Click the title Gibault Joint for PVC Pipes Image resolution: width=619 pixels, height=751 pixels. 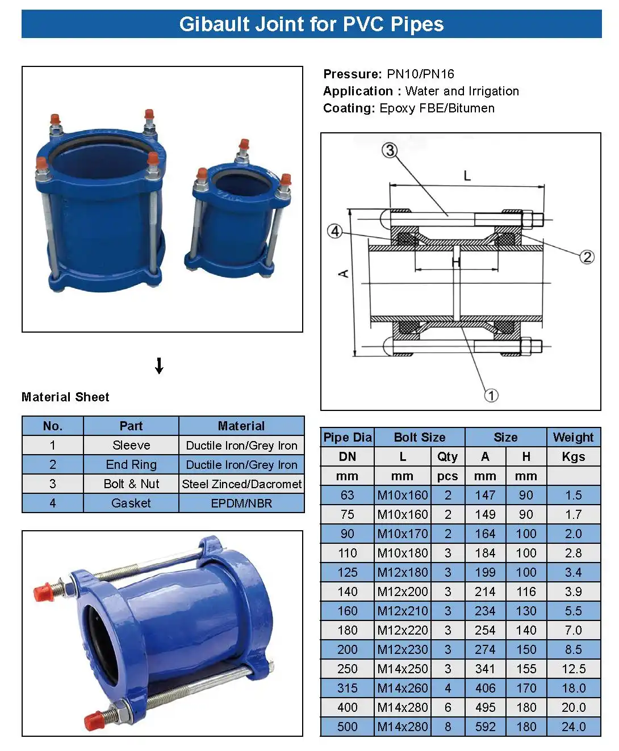click(x=311, y=24)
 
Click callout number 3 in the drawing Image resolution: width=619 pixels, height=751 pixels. click(x=390, y=150)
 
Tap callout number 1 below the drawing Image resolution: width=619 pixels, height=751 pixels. click(x=491, y=395)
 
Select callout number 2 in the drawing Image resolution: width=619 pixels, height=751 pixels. click(x=587, y=257)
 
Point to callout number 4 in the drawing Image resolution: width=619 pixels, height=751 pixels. click(x=335, y=231)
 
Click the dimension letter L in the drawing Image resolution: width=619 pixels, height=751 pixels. click(x=467, y=176)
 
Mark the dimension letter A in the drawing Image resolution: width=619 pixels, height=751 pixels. click(x=344, y=274)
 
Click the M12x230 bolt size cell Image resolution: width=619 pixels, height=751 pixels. click(x=403, y=649)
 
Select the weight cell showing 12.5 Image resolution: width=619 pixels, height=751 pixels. click(x=574, y=669)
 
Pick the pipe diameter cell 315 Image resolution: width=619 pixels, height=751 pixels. click(x=347, y=688)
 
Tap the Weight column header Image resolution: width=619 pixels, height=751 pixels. click(x=573, y=437)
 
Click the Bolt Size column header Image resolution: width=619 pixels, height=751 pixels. click(x=420, y=437)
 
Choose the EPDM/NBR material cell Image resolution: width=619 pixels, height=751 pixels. click(x=241, y=503)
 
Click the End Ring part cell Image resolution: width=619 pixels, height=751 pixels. click(x=131, y=464)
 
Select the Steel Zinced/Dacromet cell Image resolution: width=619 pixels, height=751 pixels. click(x=241, y=484)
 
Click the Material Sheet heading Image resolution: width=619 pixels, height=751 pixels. click(x=65, y=397)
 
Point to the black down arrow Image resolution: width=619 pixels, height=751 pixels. click(x=160, y=366)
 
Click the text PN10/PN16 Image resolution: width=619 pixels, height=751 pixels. click(x=420, y=74)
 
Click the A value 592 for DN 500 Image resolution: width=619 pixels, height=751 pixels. click(x=485, y=727)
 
